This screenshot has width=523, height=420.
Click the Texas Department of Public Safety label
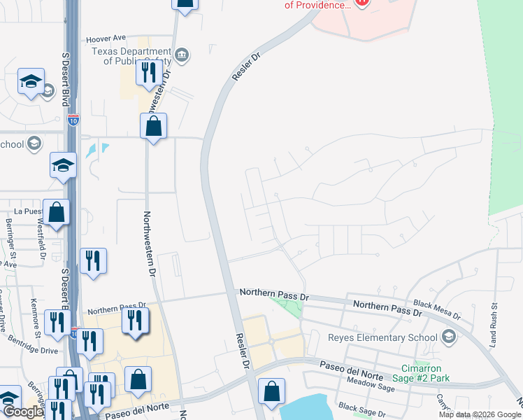131,56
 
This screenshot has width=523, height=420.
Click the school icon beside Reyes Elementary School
448,337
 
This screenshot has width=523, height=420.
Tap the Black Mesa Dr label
437,310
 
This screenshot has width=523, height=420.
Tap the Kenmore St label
34,314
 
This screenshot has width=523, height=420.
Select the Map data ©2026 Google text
480,414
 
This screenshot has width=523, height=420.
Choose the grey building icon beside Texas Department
182,55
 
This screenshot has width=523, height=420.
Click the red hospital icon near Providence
361,3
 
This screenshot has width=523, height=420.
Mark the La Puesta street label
29,210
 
